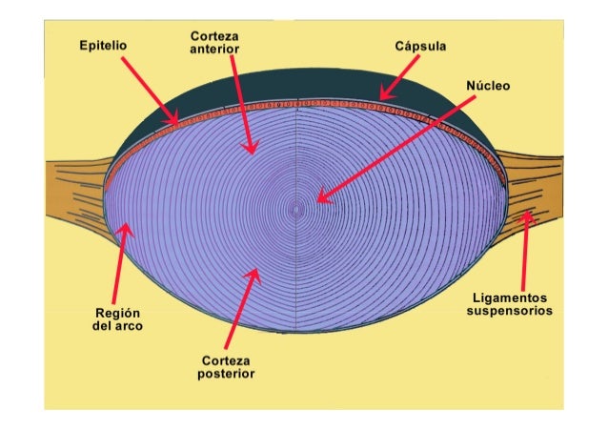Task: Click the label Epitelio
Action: coord(104,45)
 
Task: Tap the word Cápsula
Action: coord(421,45)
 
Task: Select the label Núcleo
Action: coord(488,86)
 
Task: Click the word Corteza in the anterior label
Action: coord(214,35)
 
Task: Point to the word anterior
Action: coord(214,49)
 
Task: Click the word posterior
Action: coord(227,374)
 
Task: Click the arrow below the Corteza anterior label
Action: coord(243,105)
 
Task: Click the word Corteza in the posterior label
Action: coord(227,360)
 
